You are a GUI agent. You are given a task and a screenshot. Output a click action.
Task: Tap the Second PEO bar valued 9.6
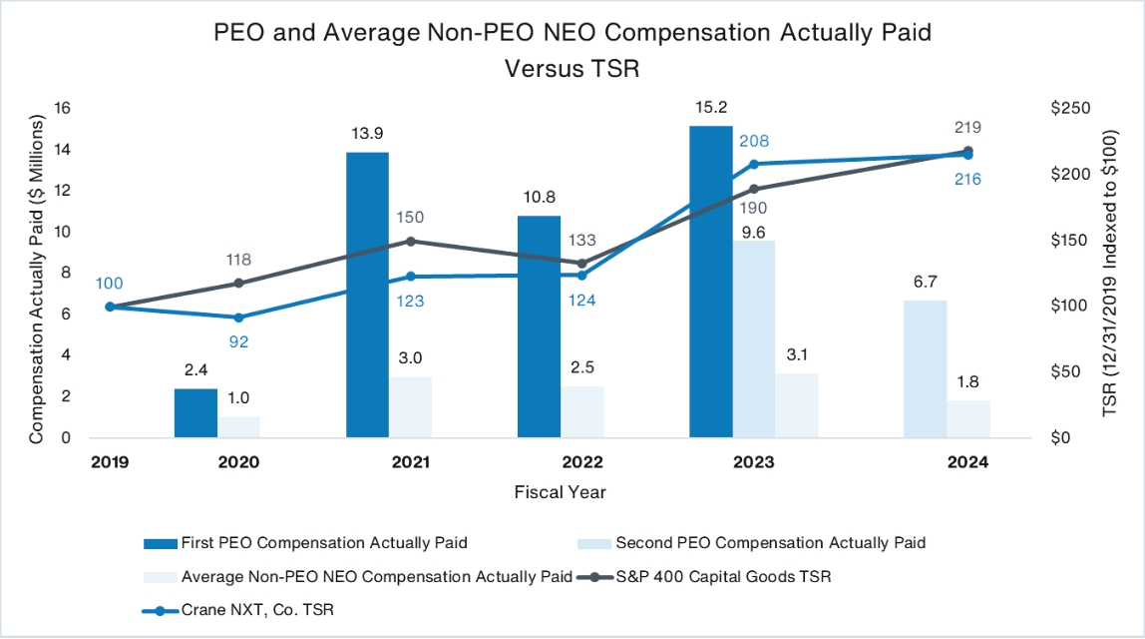[754, 338]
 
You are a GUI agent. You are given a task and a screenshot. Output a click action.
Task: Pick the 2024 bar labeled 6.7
[926, 368]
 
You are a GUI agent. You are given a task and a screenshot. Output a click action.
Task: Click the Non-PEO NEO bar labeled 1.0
[238, 426]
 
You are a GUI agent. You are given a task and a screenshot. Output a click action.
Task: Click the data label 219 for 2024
[967, 128]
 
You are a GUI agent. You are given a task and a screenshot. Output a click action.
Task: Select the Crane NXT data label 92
[238, 340]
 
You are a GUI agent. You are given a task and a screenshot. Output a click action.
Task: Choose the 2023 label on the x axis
[753, 462]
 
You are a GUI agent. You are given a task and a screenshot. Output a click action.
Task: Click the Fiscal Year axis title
[560, 492]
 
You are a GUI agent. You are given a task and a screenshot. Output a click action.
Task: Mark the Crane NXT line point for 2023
[754, 164]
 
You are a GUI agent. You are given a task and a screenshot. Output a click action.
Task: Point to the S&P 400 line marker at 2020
[238, 283]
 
